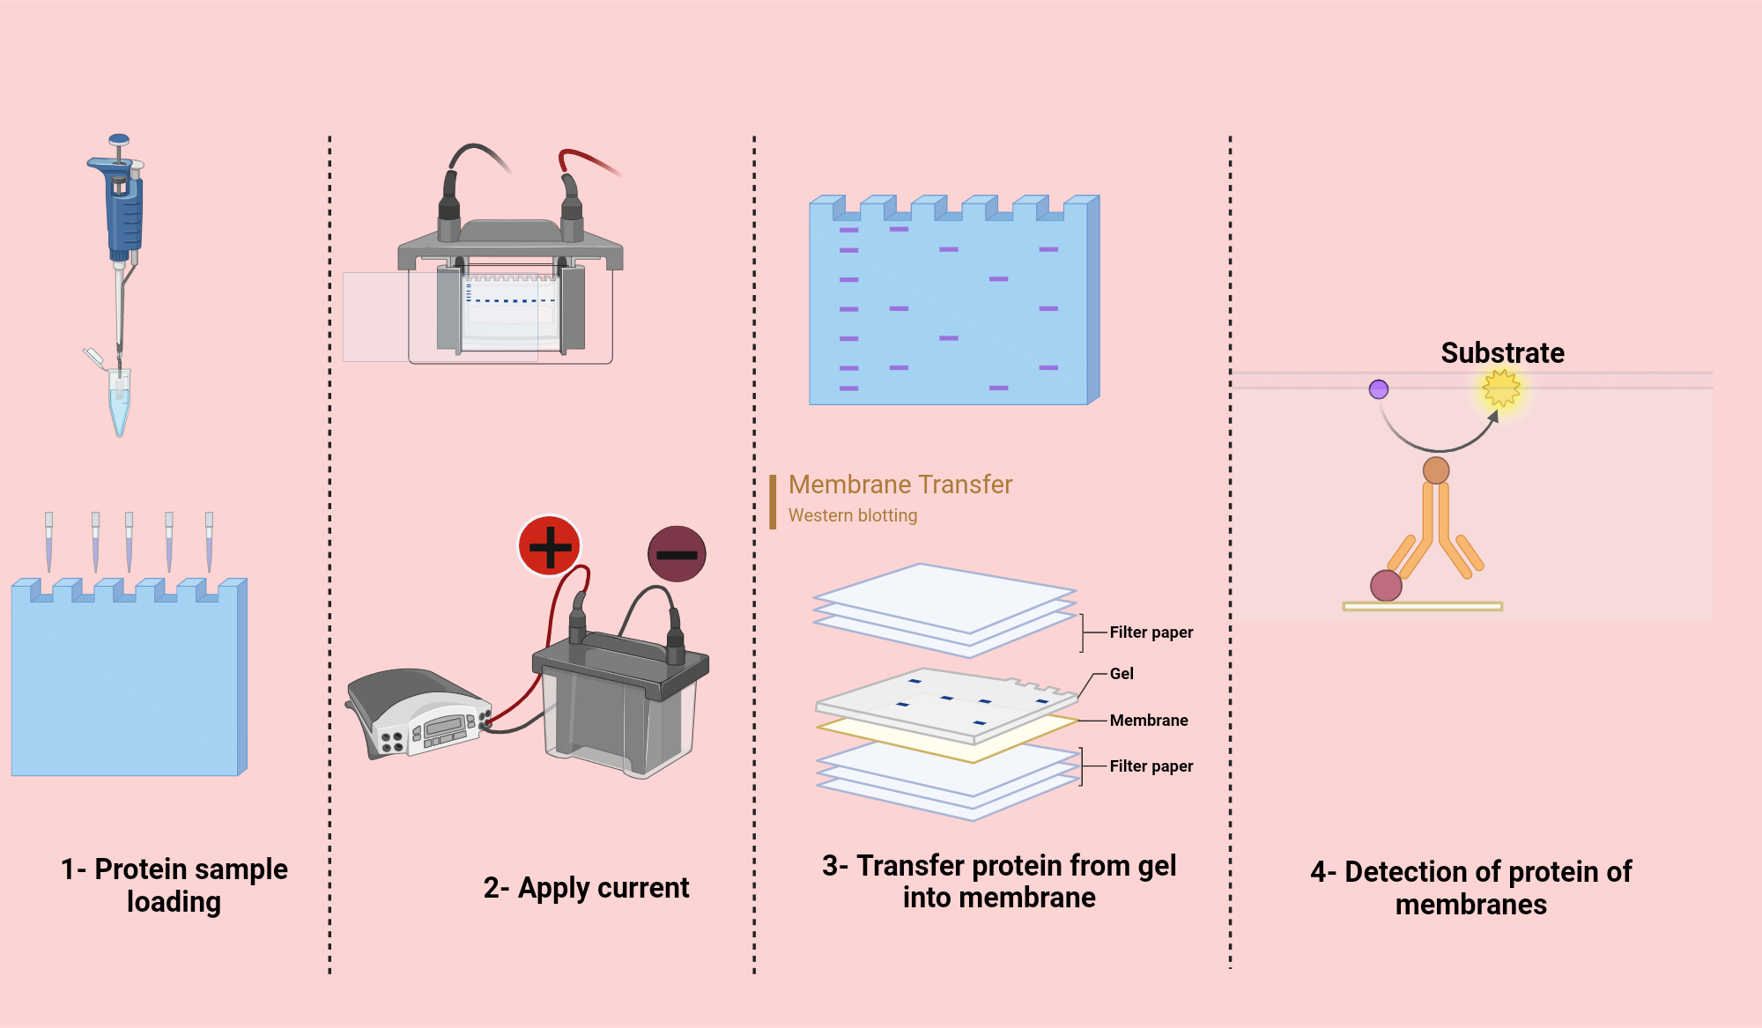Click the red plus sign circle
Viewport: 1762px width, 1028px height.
[550, 546]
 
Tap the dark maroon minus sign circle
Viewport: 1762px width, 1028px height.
[677, 554]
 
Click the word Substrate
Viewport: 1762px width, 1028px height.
[1502, 352]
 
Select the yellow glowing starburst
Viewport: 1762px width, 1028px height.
[1501, 388]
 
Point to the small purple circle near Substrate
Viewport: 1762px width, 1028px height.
[1379, 389]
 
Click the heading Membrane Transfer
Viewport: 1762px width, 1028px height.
[900, 484]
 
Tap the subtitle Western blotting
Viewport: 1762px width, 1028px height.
[852, 515]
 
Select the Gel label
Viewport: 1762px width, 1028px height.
[1121, 674]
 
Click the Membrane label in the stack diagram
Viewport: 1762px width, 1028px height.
[1148, 721]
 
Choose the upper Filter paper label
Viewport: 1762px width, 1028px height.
[1151, 632]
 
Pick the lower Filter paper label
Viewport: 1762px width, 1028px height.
[1151, 766]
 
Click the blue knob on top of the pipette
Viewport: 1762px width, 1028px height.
[119, 140]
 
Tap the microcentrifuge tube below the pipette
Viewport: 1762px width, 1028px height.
[119, 401]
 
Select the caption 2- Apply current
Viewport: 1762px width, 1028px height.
[586, 888]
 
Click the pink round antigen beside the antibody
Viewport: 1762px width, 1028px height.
[1386, 586]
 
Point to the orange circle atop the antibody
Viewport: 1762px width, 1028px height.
[1436, 470]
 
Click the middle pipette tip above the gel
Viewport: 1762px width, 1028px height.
[129, 542]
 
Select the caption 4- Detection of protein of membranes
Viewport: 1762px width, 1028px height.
[1470, 888]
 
